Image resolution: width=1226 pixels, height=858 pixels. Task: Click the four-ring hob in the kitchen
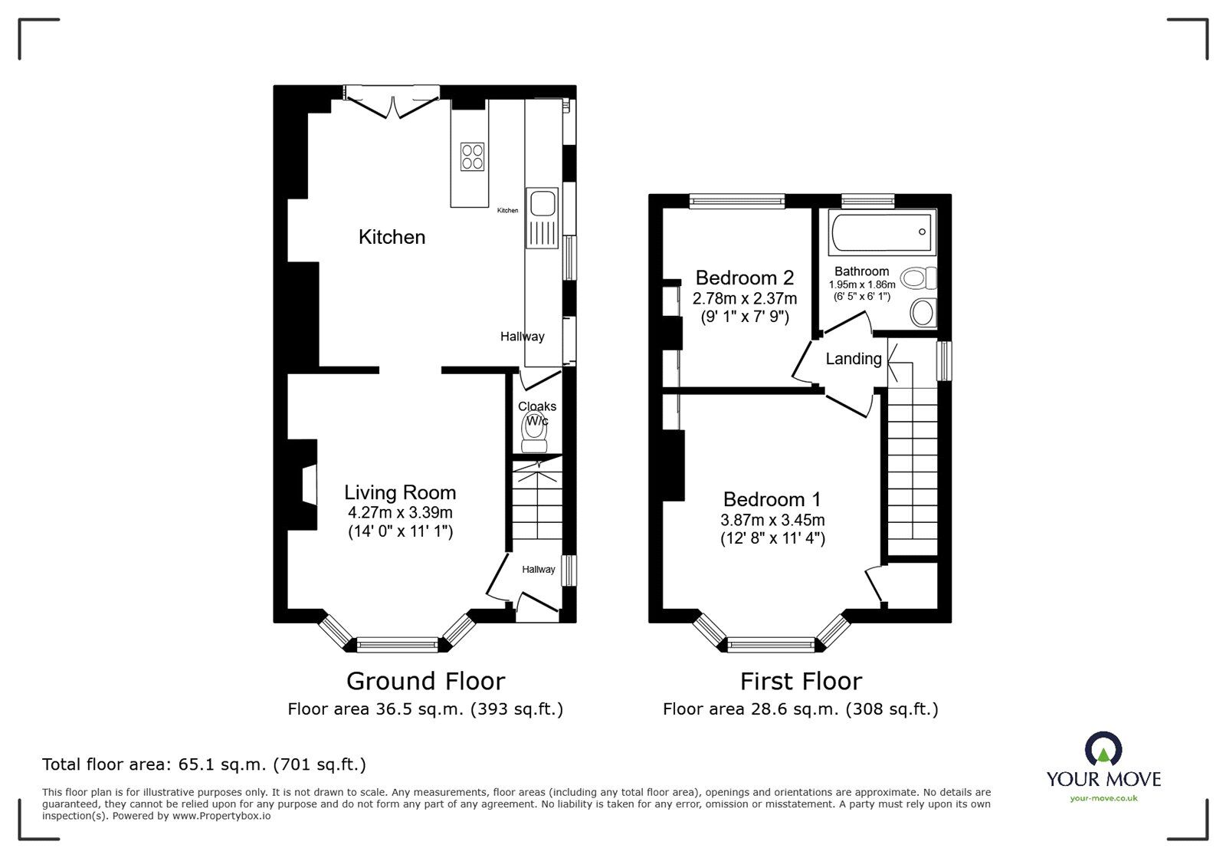[471, 156]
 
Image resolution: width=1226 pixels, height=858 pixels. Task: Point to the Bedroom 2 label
[744, 278]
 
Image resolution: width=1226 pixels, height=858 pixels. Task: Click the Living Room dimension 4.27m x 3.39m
[399, 512]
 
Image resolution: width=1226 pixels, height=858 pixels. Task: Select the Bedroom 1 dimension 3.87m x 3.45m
[772, 520]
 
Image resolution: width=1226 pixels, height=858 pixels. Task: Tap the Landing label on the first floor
[853, 359]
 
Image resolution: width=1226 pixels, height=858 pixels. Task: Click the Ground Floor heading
[425, 681]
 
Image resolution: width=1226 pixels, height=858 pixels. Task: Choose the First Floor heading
[801, 681]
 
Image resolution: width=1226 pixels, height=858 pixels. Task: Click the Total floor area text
[204, 764]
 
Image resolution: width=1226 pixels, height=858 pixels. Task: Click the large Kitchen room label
[392, 237]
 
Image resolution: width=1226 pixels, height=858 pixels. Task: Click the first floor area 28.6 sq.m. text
[800, 709]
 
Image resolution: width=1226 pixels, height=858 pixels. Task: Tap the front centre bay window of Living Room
[397, 645]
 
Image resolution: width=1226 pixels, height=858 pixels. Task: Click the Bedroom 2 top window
[736, 201]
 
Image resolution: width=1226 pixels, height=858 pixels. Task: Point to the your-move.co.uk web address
[1103, 798]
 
